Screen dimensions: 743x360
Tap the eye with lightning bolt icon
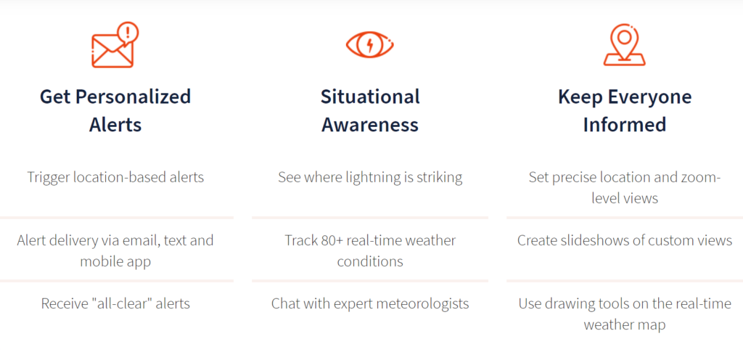click(x=370, y=45)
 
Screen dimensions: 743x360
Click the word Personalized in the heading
click(x=134, y=97)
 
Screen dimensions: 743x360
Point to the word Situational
click(x=370, y=97)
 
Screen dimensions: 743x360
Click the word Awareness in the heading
click(x=370, y=125)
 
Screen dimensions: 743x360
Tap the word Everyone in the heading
click(x=649, y=97)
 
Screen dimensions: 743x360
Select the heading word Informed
click(x=625, y=125)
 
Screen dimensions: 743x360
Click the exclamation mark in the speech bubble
click(x=128, y=32)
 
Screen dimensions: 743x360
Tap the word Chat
click(x=284, y=303)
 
